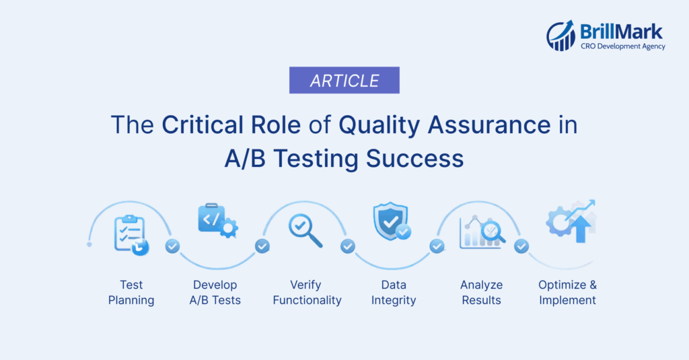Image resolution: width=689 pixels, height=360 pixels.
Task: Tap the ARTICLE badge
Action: coord(344,81)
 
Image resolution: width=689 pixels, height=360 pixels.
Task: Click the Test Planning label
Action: coord(131,293)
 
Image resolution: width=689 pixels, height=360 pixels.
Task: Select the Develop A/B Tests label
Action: coord(215,293)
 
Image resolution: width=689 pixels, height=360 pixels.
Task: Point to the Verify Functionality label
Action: coord(307,293)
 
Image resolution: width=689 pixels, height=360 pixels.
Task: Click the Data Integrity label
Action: coord(394,293)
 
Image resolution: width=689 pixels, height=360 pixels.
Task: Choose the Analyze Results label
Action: coord(481,293)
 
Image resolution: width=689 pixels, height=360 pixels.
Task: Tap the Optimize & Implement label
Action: coord(567,293)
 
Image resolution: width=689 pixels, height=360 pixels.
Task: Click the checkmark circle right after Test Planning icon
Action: coord(173,246)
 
